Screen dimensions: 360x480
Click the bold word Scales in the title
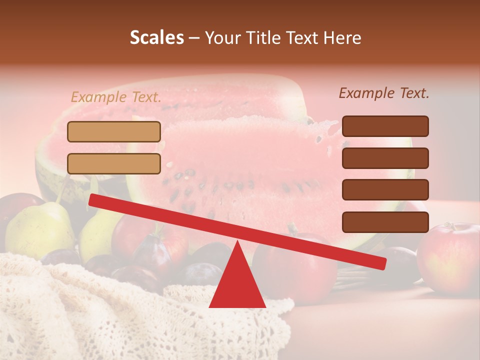click(x=156, y=37)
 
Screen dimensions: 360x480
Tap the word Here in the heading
click(x=342, y=37)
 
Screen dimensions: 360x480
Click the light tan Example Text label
click(x=116, y=97)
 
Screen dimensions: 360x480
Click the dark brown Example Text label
click(x=384, y=93)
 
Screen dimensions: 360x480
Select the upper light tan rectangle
click(x=114, y=131)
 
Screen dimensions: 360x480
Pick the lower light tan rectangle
click(x=114, y=163)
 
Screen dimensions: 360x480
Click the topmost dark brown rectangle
click(x=385, y=126)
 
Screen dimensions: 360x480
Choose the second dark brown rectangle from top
click(x=385, y=158)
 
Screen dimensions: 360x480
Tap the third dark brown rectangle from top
click(x=385, y=189)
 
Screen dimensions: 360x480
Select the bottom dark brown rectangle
click(x=385, y=222)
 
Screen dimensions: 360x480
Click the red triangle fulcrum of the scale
click(x=237, y=282)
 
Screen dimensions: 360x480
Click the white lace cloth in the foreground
click(x=100, y=315)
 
